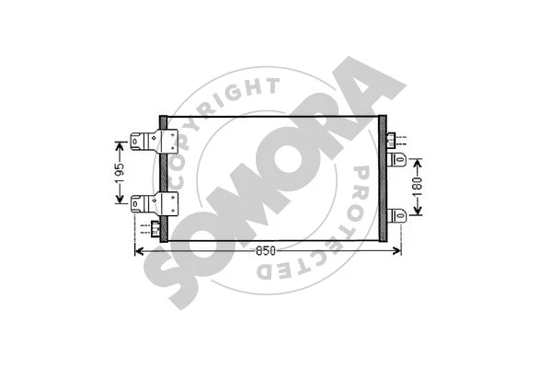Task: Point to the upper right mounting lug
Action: [399, 160]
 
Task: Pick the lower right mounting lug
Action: [399, 215]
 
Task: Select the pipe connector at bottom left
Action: [155, 227]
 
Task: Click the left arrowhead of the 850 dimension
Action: [141, 250]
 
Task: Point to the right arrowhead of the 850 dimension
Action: [397, 250]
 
